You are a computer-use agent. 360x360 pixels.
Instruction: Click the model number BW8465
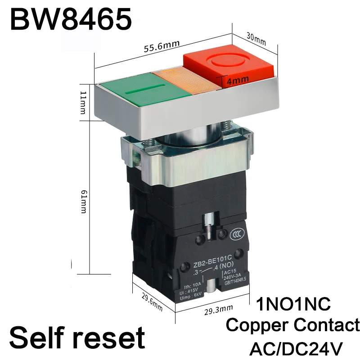pyautogui.click(x=71, y=19)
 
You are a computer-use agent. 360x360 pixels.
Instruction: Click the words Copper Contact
pyautogui.click(x=293, y=325)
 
